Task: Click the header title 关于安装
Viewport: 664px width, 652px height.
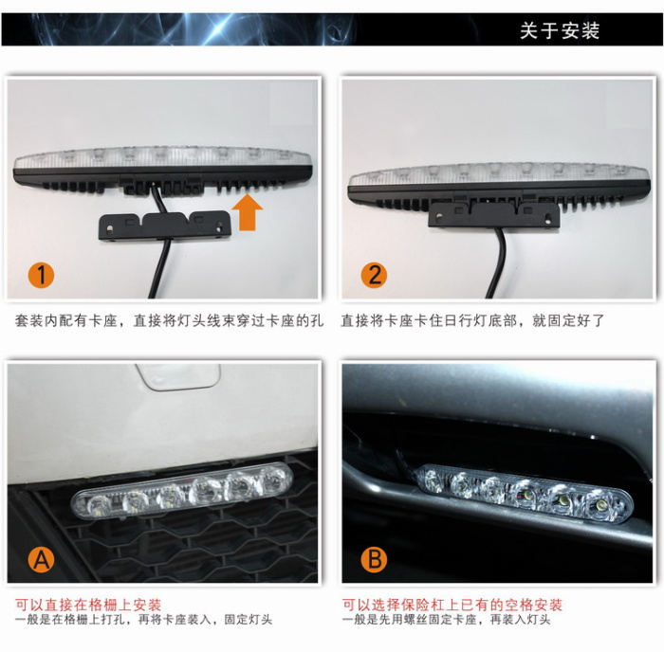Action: (x=560, y=30)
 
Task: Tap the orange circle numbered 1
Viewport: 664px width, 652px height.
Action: (x=41, y=275)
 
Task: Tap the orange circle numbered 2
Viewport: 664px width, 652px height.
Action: (x=374, y=275)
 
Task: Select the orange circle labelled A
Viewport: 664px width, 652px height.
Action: (x=41, y=559)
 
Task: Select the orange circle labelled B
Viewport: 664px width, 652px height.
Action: (x=374, y=559)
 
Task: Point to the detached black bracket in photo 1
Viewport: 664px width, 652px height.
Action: (x=165, y=226)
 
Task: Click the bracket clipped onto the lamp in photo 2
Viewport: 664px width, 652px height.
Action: (x=494, y=214)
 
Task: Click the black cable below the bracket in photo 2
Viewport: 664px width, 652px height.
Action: (x=498, y=263)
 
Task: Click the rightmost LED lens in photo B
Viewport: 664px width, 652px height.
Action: (x=600, y=505)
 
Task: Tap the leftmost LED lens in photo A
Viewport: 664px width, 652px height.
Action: (x=98, y=504)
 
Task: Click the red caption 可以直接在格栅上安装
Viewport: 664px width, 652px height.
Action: (x=88, y=605)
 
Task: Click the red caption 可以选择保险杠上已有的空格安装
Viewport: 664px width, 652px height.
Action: (x=452, y=605)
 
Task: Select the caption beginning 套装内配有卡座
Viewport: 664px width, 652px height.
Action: (x=169, y=320)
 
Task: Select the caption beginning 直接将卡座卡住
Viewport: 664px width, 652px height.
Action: (x=472, y=320)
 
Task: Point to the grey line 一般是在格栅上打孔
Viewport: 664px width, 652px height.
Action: (x=143, y=620)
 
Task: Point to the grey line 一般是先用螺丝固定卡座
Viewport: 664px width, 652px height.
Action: (x=446, y=620)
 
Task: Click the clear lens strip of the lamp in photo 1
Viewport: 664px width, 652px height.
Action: (x=162, y=157)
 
